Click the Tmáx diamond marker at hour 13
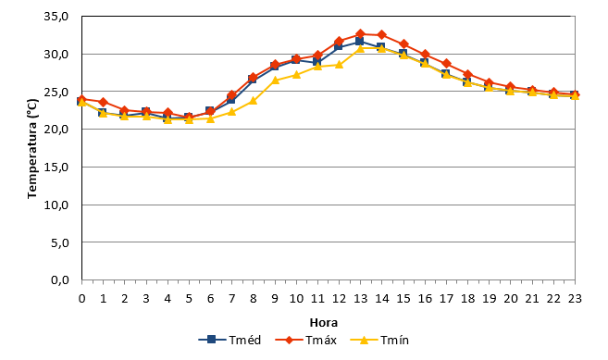pyautogui.click(x=360, y=33)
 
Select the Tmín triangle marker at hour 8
pyautogui.click(x=254, y=101)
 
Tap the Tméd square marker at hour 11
pyautogui.click(x=317, y=61)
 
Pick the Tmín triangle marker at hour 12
pyautogui.click(x=339, y=64)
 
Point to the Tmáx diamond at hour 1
pyautogui.click(x=103, y=103)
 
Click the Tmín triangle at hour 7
pyautogui.click(x=231, y=112)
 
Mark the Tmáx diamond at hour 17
pyautogui.click(x=446, y=63)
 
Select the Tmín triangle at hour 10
pyautogui.click(x=296, y=74)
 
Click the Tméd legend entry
pyautogui.click(x=230, y=340)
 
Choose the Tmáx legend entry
pyautogui.click(x=306, y=340)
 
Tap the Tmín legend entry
pyautogui.click(x=379, y=340)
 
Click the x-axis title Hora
pyautogui.click(x=324, y=322)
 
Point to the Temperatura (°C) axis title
pyautogui.click(x=32, y=149)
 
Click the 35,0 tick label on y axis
pyautogui.click(x=56, y=17)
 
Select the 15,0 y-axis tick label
pyautogui.click(x=56, y=168)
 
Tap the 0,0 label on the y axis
pyautogui.click(x=60, y=279)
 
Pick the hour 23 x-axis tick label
pyautogui.click(x=575, y=298)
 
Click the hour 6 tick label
pyautogui.click(x=210, y=298)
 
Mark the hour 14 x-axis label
pyautogui.click(x=381, y=298)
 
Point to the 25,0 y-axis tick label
pyautogui.click(x=56, y=92)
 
